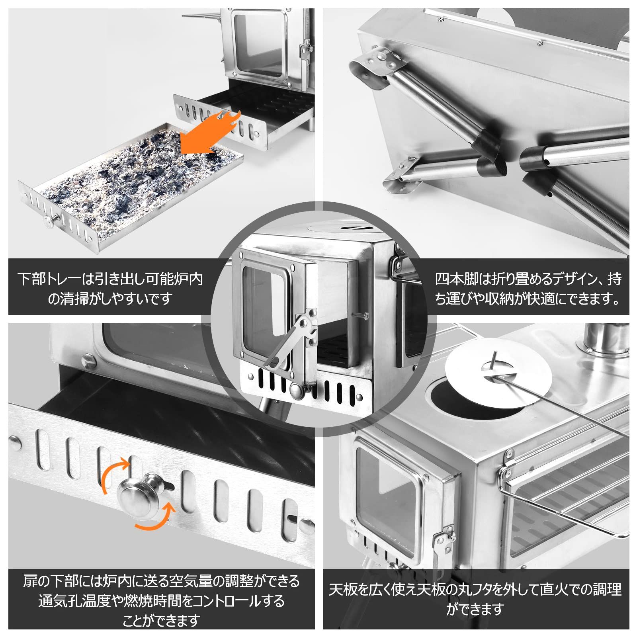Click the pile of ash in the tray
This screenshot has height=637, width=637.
tap(131, 171)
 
